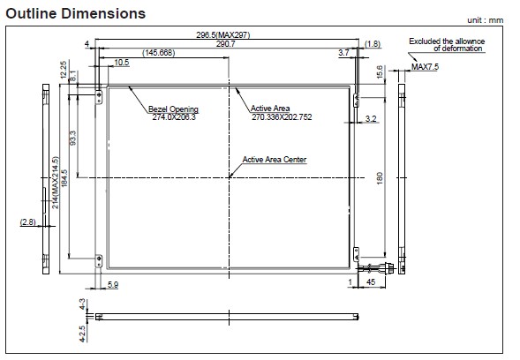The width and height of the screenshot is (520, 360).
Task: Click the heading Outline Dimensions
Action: coord(76,13)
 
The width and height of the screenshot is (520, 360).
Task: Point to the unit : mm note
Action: coord(486,20)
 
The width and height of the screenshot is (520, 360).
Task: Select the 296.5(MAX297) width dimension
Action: coord(222,34)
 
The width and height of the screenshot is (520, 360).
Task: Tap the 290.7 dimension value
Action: coord(225,44)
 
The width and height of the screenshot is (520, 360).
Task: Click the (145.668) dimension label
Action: coord(159,53)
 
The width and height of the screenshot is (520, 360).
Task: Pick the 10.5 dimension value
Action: coord(122,63)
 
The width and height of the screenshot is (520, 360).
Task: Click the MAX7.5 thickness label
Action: coord(425,67)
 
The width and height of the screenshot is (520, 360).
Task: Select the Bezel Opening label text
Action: coord(173,109)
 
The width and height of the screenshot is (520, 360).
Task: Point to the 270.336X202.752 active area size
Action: coord(282,117)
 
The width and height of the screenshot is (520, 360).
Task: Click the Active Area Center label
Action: coord(275,160)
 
